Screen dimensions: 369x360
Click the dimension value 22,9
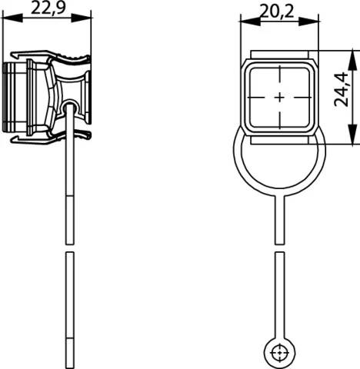pyautogui.click(x=47, y=8)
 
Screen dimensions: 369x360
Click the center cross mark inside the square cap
pyautogui.click(x=279, y=98)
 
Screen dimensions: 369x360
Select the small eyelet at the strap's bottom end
pyautogui.click(x=279, y=353)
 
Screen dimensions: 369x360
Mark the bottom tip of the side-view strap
pyautogui.click(x=70, y=365)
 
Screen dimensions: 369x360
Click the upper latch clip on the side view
pyautogui.click(x=46, y=58)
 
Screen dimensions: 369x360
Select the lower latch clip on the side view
pyautogui.click(x=46, y=137)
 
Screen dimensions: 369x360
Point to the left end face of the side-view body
pyautogui.click(x=5, y=98)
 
